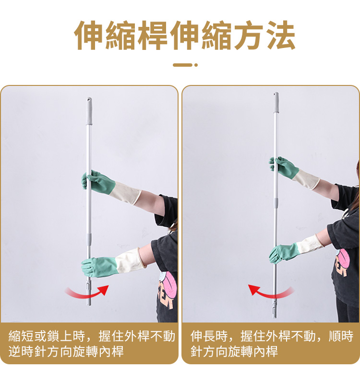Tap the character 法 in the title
280,35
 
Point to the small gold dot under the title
196,65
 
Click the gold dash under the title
182,65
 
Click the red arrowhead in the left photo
103,290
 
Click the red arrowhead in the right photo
254,289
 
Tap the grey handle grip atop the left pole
89,111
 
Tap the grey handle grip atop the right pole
276,102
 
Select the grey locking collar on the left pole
88,239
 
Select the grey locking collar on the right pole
276,203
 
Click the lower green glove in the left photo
99,267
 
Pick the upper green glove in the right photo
283,167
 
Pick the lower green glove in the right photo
283,253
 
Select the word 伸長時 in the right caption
209,336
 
